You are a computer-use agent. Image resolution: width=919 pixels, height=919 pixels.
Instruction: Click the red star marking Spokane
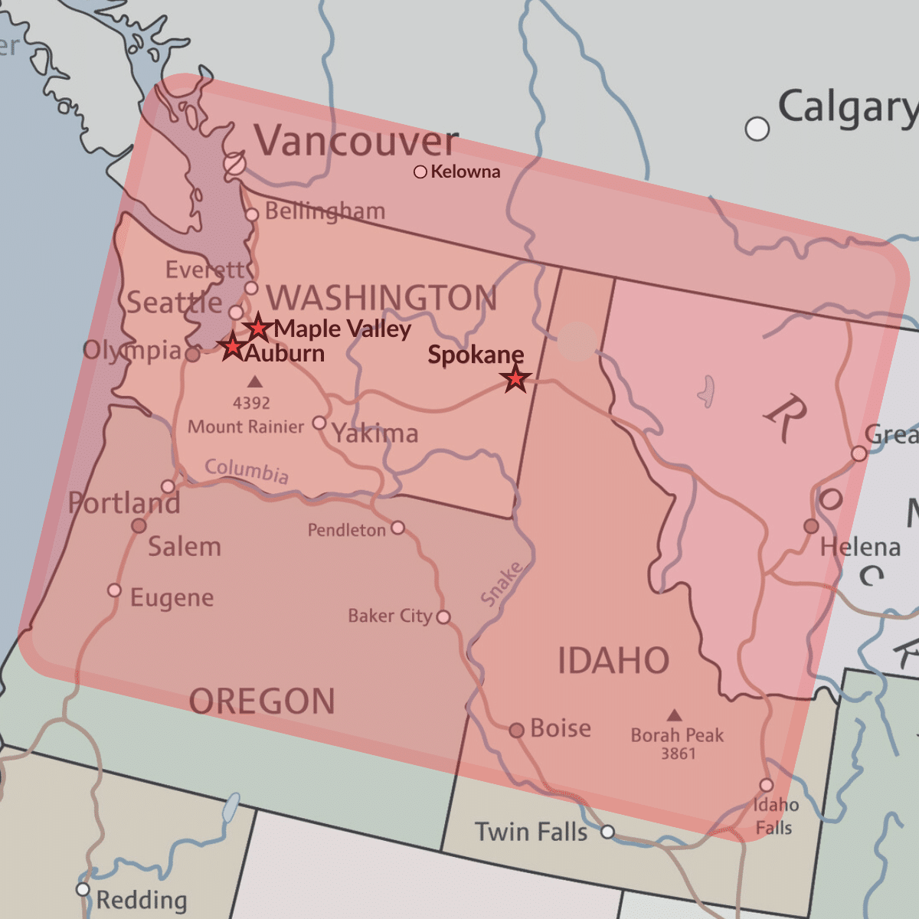pos(515,378)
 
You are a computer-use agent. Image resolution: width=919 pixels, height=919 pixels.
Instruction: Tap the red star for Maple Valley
pos(258,328)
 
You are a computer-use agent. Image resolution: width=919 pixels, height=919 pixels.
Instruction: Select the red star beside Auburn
pos(232,347)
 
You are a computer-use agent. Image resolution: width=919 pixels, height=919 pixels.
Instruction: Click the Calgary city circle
pos(757,129)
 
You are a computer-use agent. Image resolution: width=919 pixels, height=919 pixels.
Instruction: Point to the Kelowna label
pos(465,172)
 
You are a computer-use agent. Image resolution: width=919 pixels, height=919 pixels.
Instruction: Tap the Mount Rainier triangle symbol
pos(255,381)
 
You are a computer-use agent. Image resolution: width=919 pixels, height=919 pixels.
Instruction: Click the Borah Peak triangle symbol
pos(674,715)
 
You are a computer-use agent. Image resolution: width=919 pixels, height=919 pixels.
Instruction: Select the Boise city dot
pos(517,731)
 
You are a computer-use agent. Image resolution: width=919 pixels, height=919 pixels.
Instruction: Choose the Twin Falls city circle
pos(607,832)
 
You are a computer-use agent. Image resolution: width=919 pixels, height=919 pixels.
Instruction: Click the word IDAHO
pos(613,661)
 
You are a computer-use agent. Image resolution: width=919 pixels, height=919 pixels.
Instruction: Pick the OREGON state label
pos(262,702)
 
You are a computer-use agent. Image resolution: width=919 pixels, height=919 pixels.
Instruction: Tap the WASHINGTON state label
pos(381,298)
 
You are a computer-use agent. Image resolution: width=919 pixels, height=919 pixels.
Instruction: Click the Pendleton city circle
pos(397,528)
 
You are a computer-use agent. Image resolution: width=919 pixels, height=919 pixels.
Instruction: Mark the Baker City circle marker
pos(443,616)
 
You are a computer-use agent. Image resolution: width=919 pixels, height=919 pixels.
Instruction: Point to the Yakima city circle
pos(319,424)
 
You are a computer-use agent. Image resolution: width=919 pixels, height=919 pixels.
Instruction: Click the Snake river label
pos(502,584)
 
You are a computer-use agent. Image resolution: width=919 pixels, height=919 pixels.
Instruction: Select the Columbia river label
pos(247,470)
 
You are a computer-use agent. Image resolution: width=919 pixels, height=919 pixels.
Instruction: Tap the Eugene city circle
pos(114,590)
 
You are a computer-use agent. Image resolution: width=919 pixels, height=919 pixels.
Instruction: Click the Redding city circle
pos(83,889)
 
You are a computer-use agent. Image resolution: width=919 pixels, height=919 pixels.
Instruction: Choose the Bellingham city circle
pos(252,214)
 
